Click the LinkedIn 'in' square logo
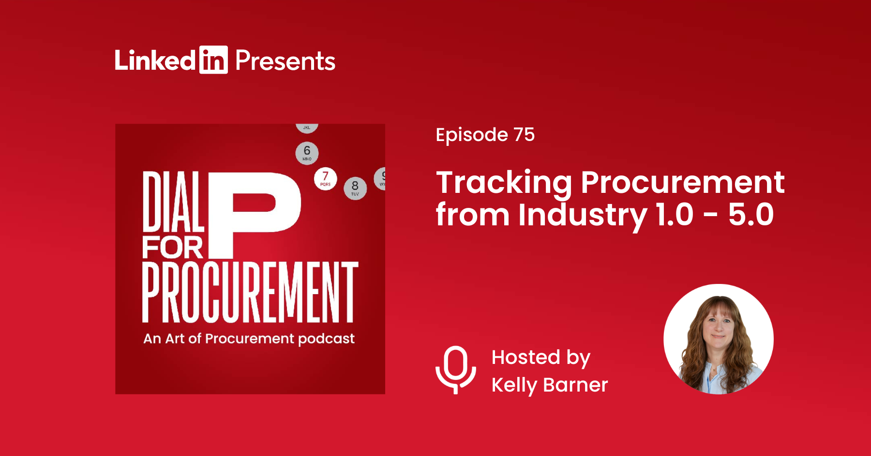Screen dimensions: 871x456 coord(213,60)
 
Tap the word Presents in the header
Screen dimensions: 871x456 coord(285,61)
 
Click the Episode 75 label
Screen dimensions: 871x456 coord(485,135)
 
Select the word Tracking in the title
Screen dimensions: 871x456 coord(504,184)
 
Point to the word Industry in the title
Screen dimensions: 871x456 coord(583,215)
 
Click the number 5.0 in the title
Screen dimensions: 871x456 coord(751,214)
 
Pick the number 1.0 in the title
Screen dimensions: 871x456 coord(675,214)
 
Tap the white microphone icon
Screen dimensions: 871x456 coord(456,369)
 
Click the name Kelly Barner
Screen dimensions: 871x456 coord(550,385)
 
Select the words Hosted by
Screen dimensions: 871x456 coord(541,358)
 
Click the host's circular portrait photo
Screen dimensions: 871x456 coord(719,339)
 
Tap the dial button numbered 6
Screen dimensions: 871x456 coord(307,153)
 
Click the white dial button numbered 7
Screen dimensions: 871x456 coord(325,178)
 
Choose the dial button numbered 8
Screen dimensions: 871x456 coord(355,188)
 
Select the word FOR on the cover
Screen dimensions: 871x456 coord(173,248)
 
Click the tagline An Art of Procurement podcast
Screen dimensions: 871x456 coord(249,339)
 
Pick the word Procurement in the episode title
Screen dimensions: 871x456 coord(682,183)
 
